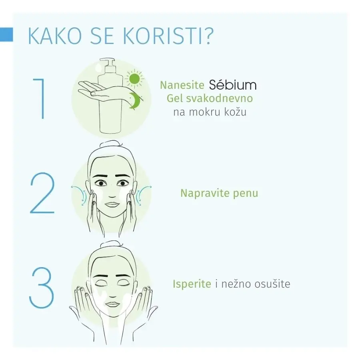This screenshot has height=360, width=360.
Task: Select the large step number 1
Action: pos(40,98)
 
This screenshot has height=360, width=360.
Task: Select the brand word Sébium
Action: pos(232,85)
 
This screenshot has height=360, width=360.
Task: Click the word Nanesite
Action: pos(182,85)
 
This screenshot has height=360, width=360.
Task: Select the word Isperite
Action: pos(192,284)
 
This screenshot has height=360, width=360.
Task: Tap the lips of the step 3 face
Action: pos(112,305)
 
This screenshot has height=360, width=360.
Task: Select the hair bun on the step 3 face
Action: pos(111,244)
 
